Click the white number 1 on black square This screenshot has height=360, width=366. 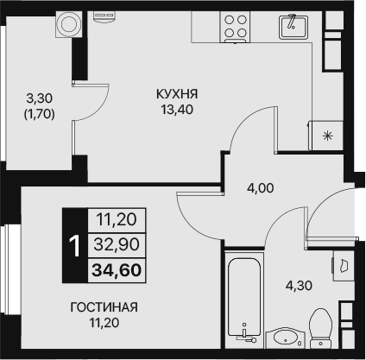[74, 246]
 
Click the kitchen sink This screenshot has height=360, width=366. [292, 25]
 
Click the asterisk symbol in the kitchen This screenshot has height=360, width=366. [326, 136]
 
